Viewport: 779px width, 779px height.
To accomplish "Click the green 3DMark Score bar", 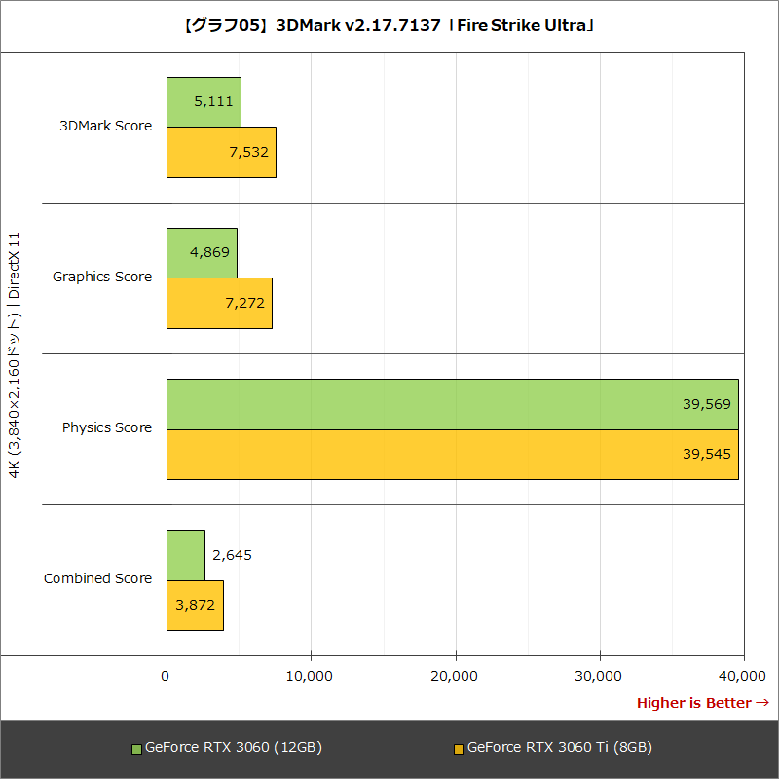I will point(204,101).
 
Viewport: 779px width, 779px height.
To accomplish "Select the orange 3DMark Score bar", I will point(221,152).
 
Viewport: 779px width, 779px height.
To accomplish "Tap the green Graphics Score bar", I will point(202,252).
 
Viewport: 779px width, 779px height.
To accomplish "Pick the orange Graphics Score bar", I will point(219,303).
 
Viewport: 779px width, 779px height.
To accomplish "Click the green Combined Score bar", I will point(186,555).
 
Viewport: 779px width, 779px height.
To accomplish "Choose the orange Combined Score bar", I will point(195,605).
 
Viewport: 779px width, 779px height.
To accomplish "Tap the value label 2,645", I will point(232,555).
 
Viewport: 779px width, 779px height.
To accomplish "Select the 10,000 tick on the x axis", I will point(311,675).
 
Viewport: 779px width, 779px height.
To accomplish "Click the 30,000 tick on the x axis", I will point(600,675).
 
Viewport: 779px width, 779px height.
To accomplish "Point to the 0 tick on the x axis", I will point(167,675).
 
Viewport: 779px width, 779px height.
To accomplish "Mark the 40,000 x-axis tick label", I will point(744,675).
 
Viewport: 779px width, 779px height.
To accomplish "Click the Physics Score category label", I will point(107,427).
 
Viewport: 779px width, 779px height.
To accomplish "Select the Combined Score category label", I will point(98,578).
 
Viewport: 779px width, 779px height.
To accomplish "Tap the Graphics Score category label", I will point(102,277).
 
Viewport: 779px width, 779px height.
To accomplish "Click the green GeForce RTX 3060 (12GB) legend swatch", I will point(136,749).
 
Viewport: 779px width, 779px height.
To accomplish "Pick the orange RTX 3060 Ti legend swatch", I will point(459,749).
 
